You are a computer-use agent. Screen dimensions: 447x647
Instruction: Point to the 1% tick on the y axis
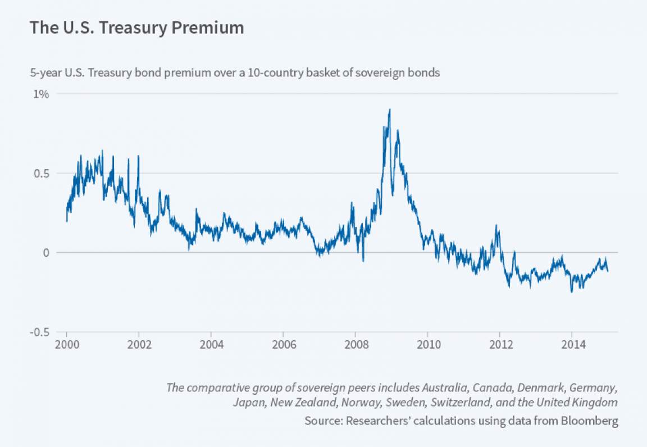(x=41, y=94)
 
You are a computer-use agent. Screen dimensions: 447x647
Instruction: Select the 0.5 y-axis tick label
(x=41, y=174)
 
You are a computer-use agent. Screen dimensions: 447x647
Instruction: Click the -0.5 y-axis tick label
(x=39, y=332)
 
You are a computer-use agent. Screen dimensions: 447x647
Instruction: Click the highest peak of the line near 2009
(x=390, y=110)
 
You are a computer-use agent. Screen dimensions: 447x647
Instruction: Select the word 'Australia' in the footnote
(x=447, y=387)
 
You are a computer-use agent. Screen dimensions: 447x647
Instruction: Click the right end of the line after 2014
(x=608, y=271)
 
